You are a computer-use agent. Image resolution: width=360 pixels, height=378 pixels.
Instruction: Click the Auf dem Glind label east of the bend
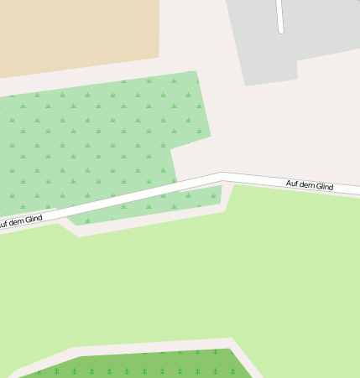point(310,184)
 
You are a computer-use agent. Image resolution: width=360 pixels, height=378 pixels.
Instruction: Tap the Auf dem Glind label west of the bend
point(20,221)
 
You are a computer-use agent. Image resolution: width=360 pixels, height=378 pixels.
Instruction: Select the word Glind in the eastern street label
point(324,186)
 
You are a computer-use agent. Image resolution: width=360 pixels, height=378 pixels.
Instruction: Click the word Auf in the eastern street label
point(293,183)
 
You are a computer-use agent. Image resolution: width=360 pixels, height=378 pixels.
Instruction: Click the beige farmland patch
point(76,34)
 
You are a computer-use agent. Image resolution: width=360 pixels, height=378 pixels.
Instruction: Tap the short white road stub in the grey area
point(279,15)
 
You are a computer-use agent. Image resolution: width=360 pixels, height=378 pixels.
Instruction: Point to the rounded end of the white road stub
point(280,31)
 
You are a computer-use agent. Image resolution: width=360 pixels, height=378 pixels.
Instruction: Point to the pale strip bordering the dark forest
point(126,348)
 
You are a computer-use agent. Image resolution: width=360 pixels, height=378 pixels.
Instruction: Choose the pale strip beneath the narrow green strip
point(151,220)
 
